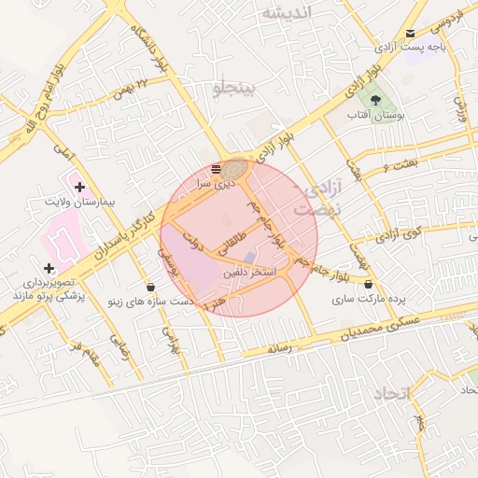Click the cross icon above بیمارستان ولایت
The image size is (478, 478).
(x=79, y=188)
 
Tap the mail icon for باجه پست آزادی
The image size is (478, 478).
(x=410, y=34)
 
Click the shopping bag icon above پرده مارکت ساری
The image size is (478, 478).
(x=368, y=284)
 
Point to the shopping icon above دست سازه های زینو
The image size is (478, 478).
(x=151, y=286)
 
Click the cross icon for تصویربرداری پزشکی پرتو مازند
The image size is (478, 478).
(x=49, y=269)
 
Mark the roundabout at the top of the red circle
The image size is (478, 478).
(x=234, y=168)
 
